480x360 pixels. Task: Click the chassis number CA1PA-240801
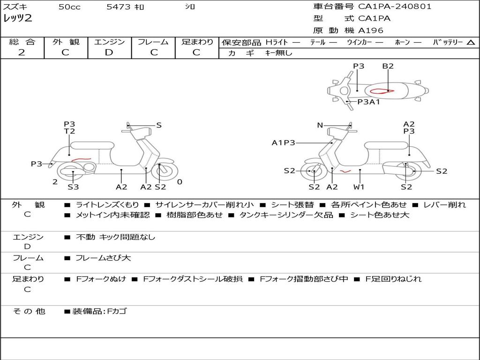pos(395,7)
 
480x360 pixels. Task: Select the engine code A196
pos(370,30)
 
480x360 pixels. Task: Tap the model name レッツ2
pos(18,18)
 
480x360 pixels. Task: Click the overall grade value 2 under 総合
pos(22,52)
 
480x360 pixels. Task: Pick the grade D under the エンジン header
pos(109,52)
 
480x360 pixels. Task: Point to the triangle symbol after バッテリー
pos(471,43)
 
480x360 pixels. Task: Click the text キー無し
pos(279,53)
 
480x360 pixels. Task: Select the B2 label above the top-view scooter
pos(388,66)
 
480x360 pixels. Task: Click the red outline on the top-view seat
pos(382,90)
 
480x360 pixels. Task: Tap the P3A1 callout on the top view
pos(368,102)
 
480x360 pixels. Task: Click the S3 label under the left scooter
pos(73,187)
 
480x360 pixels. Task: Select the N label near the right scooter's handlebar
pos(320,125)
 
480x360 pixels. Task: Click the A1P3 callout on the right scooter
pos(284,142)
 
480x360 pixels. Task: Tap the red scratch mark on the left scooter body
pos(81,159)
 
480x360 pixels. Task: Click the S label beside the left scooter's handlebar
pos(158,125)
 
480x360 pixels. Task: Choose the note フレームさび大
pos(103,258)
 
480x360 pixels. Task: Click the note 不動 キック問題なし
pos(115,237)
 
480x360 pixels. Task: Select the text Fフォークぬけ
pos(101,279)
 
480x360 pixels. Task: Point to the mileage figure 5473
pos(119,7)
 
